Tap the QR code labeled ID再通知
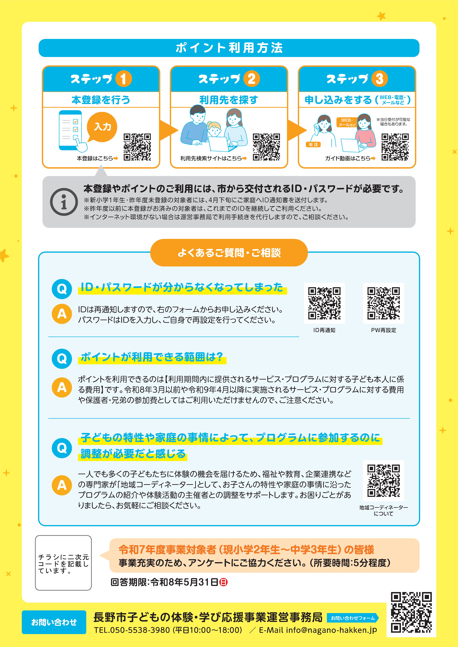(x=324, y=303)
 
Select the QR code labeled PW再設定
(x=383, y=303)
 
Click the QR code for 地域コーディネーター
(x=383, y=481)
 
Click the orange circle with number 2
(x=251, y=79)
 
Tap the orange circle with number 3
(x=380, y=79)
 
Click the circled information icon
(x=64, y=202)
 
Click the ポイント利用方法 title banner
(x=229, y=48)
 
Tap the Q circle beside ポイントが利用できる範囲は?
(x=62, y=359)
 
